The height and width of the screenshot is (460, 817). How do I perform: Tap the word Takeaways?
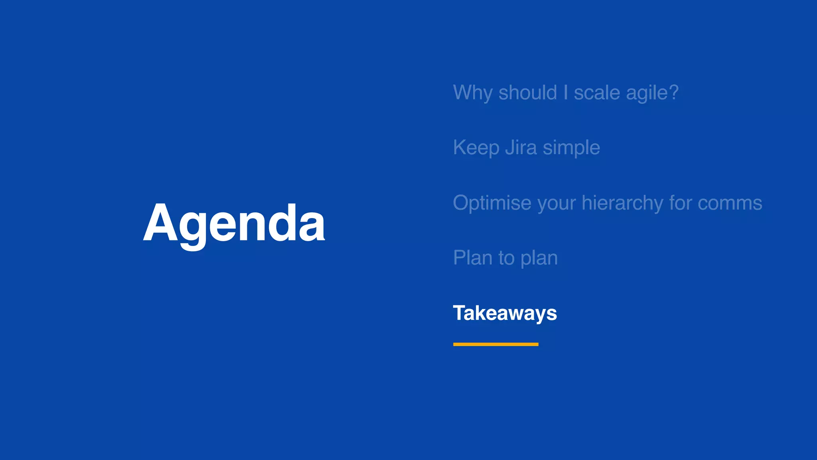(x=505, y=313)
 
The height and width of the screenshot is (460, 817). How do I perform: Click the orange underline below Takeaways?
(x=495, y=344)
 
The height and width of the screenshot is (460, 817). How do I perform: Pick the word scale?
(x=597, y=93)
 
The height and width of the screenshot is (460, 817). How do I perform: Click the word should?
(x=527, y=93)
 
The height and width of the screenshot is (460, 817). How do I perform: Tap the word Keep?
(x=476, y=148)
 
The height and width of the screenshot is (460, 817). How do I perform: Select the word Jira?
(x=521, y=147)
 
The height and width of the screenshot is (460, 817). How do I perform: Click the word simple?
(x=571, y=148)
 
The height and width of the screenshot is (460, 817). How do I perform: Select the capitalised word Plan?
(x=473, y=258)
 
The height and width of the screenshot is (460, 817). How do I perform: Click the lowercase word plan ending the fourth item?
(x=539, y=258)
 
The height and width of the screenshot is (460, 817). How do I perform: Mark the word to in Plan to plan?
(x=506, y=258)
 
